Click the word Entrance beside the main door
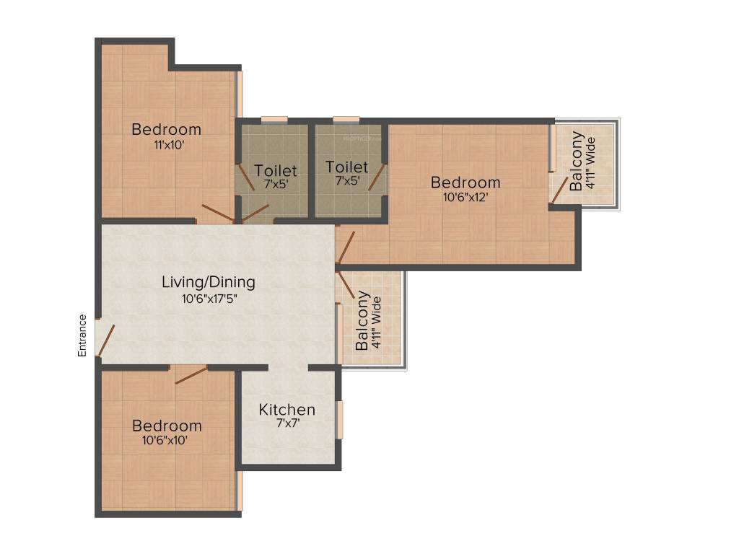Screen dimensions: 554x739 [x=82, y=335]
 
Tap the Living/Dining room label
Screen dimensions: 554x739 [x=208, y=282]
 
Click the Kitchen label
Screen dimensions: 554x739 [x=287, y=410]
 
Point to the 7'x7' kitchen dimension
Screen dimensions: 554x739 [x=287, y=424]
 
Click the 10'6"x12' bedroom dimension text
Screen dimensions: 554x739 [x=465, y=197]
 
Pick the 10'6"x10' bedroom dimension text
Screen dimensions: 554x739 [x=165, y=440]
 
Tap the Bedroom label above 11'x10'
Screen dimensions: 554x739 [x=166, y=130]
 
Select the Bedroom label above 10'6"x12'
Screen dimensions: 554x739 [x=465, y=183]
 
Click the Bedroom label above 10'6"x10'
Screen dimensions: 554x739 [x=167, y=426]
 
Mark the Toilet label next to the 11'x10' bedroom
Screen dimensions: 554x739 [x=276, y=171]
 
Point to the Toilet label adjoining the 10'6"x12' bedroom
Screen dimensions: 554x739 [x=346, y=167]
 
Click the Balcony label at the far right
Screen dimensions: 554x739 [x=577, y=161]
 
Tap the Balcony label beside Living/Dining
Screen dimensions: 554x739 [x=363, y=320]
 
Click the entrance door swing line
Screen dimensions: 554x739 [x=106, y=340]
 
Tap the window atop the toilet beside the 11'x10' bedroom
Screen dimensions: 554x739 [x=274, y=119]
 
